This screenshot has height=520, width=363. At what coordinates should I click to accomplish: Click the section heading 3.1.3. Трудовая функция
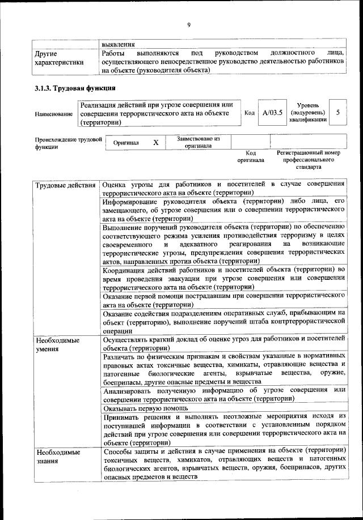75,88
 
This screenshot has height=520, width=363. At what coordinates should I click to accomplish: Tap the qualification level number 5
337,113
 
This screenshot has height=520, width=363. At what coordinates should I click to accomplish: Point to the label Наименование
54,114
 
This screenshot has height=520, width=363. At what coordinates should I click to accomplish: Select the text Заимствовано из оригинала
198,142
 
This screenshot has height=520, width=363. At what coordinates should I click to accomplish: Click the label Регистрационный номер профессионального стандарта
308,160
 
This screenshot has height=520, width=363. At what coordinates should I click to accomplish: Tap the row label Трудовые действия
65,185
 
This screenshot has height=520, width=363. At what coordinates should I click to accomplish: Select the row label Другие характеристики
59,58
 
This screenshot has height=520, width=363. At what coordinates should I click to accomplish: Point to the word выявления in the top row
119,43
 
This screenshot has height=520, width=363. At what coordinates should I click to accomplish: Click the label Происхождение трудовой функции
68,142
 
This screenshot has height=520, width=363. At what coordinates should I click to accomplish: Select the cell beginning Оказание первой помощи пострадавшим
224,300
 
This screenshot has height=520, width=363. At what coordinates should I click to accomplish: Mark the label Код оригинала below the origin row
251,157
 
